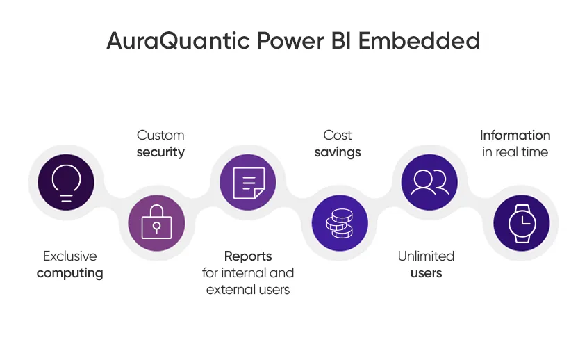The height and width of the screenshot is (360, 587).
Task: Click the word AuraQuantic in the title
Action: pos(179,41)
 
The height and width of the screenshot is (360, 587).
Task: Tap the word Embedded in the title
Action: pos(419,40)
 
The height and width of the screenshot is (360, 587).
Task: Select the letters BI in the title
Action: pos(341,40)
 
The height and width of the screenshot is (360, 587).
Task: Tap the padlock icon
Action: pos(156,222)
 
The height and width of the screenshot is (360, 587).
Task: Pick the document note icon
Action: pos(249,183)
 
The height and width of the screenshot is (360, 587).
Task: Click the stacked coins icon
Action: pos(340,223)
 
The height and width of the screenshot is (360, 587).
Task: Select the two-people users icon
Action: pos(430,183)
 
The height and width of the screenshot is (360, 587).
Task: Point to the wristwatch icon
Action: pos(522,223)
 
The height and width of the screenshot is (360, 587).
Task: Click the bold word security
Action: pos(160,152)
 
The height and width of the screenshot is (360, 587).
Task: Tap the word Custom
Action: pos(160,136)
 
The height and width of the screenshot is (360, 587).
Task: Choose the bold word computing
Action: pos(70,273)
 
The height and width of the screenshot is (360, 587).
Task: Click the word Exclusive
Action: pos(70,256)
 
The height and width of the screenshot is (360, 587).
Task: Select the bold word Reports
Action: pos(248,256)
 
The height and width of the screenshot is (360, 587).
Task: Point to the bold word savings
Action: pos(338,152)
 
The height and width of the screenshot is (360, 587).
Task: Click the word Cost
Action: pos(338,136)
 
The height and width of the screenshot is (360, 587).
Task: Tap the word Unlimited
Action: pos(426,256)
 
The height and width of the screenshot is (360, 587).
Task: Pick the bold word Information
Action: pos(515,136)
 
